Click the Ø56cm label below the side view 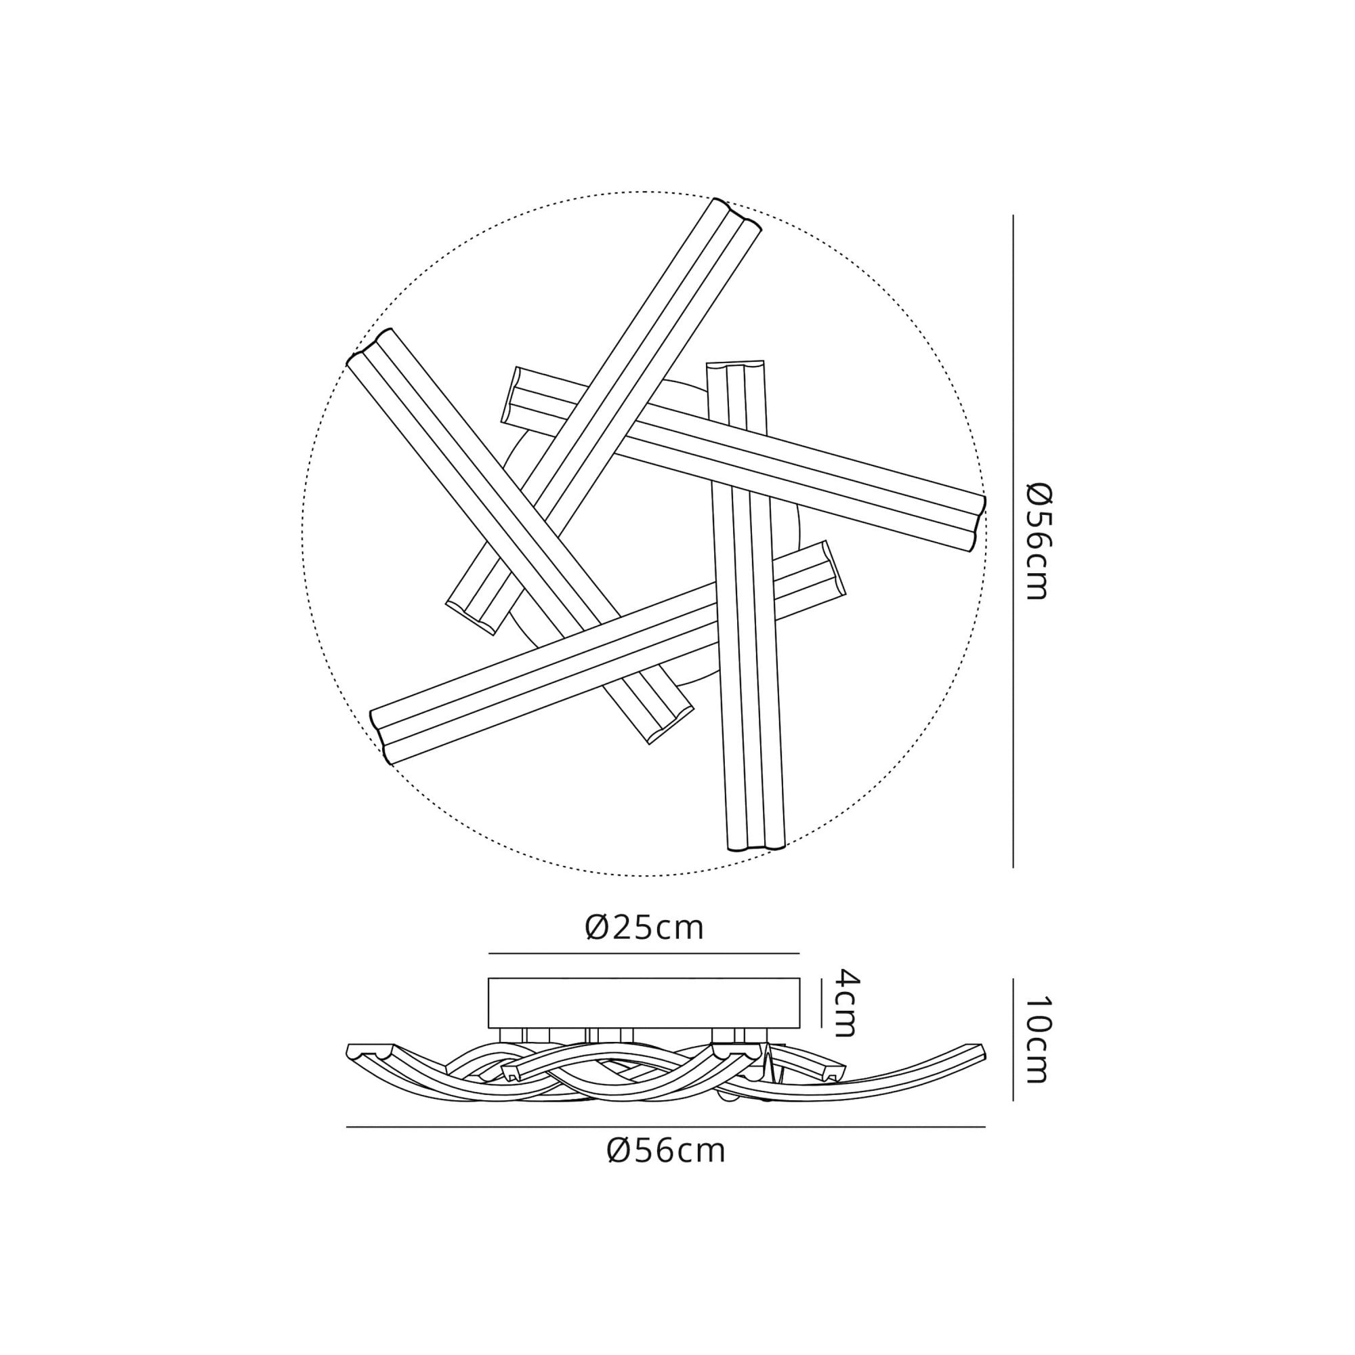click(x=665, y=1151)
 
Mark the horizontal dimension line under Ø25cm click(x=644, y=954)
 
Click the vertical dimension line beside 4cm click(x=820, y=1003)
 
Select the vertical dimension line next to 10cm click(x=1013, y=1039)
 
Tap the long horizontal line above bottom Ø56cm click(x=665, y=1127)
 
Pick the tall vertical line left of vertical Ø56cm click(x=1013, y=541)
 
